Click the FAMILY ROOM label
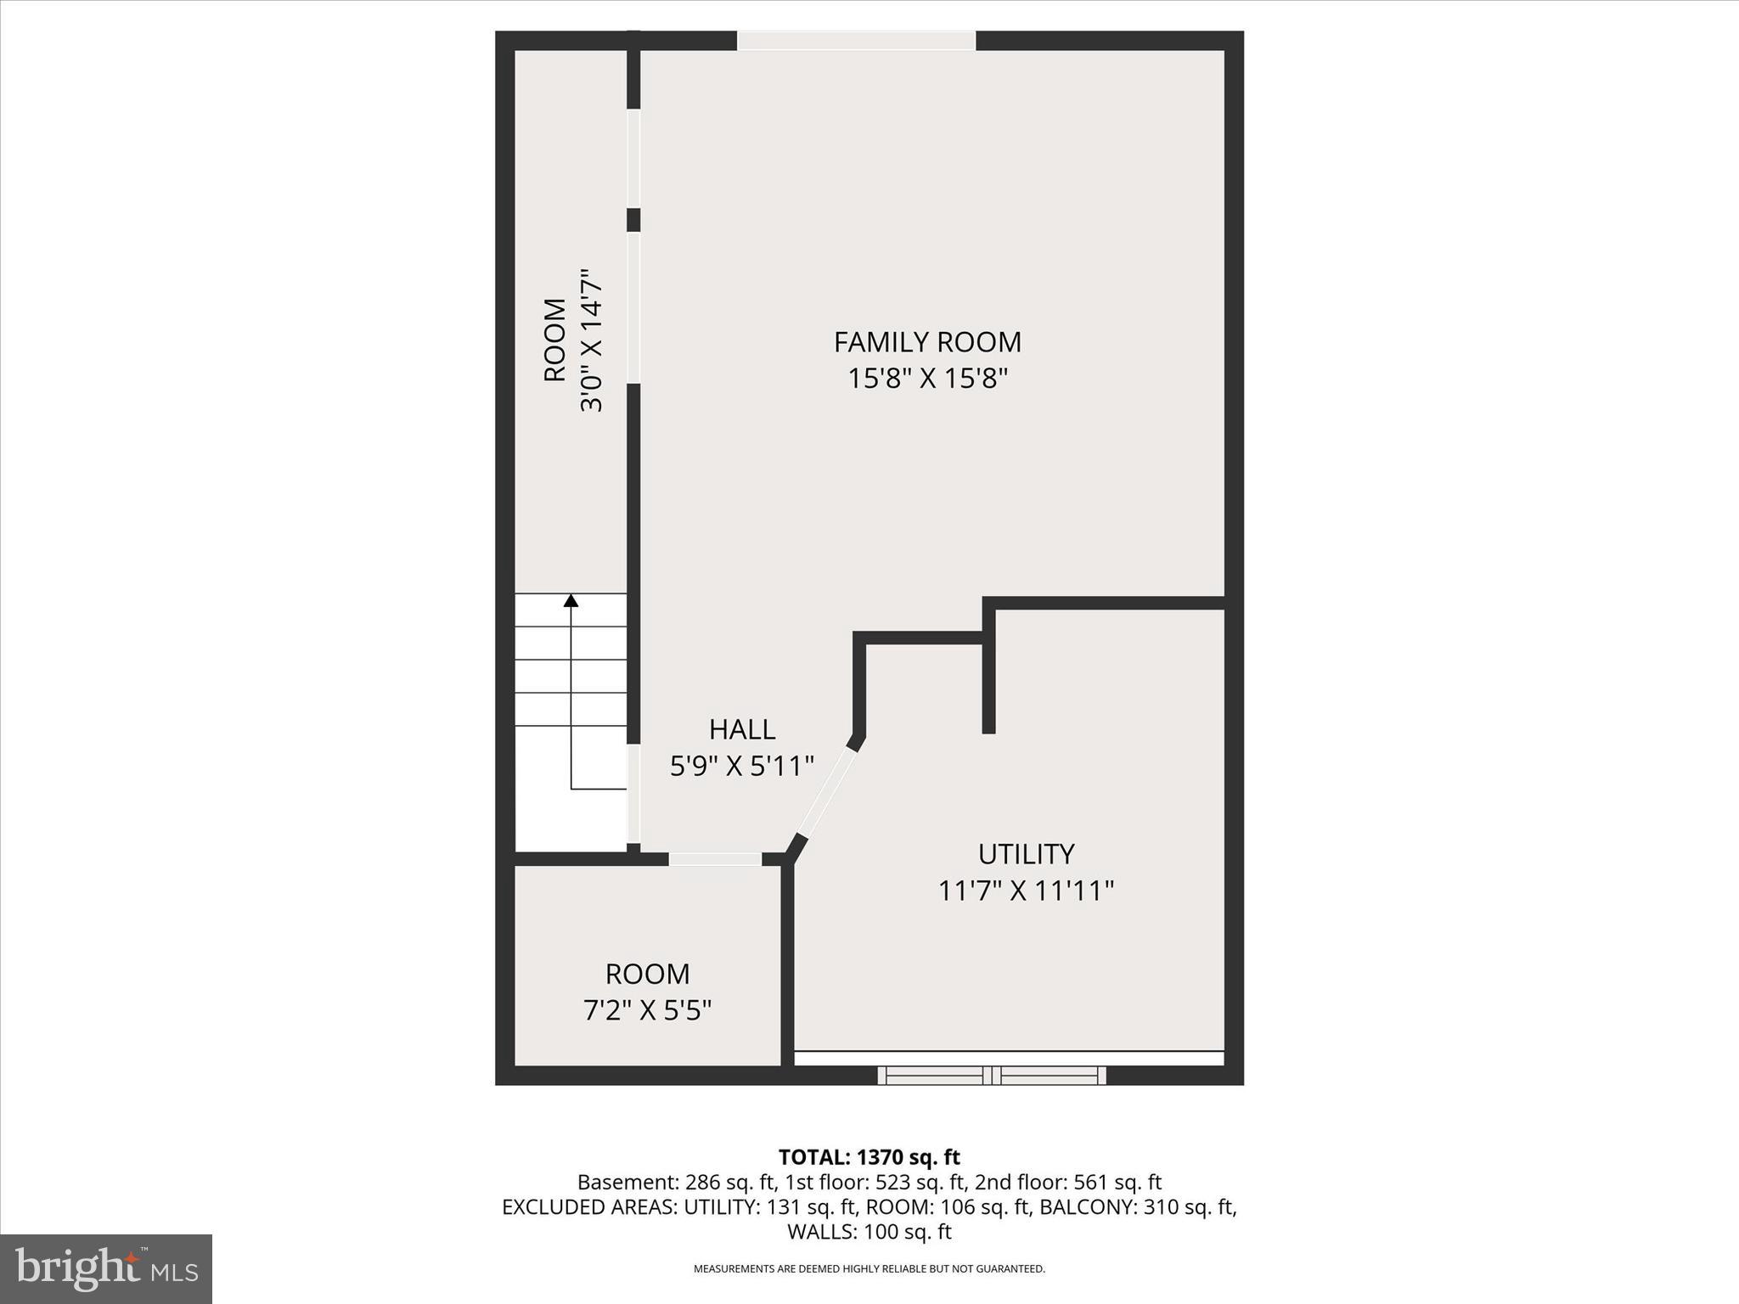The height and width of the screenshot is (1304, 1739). (x=927, y=342)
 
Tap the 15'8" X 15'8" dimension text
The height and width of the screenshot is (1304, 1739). (x=927, y=379)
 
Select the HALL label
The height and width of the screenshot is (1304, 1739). (x=742, y=729)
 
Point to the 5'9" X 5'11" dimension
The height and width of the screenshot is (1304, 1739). (x=742, y=767)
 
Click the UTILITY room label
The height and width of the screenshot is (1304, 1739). (x=1026, y=853)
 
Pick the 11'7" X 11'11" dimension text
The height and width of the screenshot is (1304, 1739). (x=1026, y=891)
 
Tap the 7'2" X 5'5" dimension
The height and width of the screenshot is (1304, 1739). (x=647, y=1010)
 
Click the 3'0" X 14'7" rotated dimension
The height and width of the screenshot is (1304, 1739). (x=591, y=341)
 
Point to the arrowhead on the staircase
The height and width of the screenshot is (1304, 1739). (x=571, y=601)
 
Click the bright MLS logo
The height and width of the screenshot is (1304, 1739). (x=106, y=1269)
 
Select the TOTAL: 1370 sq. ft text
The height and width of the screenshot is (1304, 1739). (x=869, y=1157)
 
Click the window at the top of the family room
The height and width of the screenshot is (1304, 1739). (x=856, y=41)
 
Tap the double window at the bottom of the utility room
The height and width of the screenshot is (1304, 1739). (x=992, y=1076)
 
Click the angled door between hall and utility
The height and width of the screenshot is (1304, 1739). (x=824, y=791)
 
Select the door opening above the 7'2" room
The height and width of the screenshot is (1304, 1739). (x=715, y=859)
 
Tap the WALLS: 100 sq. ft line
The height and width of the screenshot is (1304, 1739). (x=869, y=1231)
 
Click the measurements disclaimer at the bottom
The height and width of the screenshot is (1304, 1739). (x=869, y=1269)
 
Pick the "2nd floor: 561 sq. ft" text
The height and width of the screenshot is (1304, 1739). (x=1067, y=1182)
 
